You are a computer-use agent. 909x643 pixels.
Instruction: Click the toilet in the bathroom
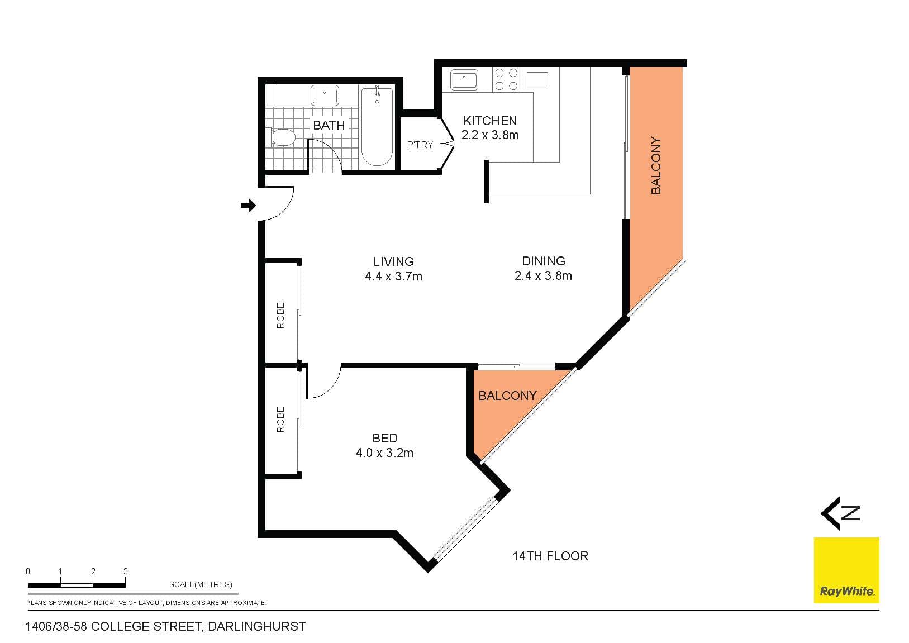pos(280,137)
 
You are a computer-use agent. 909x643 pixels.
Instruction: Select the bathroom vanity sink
pos(325,96)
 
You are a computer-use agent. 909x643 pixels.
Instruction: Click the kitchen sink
pos(464,80)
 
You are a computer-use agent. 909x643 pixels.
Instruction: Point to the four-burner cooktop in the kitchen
pos(506,79)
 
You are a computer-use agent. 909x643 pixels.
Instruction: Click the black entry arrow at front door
pos(248,205)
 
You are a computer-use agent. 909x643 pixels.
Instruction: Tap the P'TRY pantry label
pos(420,145)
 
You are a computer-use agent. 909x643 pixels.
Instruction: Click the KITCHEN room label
pos(490,121)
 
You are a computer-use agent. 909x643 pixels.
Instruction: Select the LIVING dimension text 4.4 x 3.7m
pos(394,277)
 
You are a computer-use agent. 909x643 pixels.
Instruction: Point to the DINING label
pos(544,261)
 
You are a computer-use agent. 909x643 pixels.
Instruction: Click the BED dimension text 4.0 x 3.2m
pos(385,453)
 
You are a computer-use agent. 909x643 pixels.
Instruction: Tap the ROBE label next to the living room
pos(280,315)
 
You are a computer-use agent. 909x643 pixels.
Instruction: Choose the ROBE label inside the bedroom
pos(280,419)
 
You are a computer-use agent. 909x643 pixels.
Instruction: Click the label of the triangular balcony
pos(508,396)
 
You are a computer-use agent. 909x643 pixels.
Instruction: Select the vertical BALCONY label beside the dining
pos(656,165)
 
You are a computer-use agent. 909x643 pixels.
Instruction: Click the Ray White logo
pos(846,570)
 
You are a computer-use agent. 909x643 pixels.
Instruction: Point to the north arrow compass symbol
pos(840,513)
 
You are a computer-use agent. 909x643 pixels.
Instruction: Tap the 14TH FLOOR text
pos(550,556)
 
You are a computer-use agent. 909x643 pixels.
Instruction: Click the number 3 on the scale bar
pos(126,571)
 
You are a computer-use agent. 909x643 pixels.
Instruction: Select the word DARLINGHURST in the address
pos(256,626)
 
